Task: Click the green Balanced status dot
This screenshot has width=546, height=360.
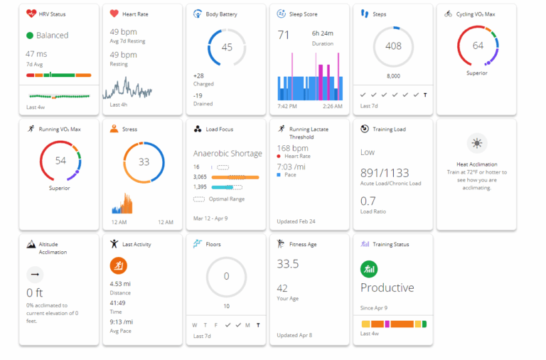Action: pyautogui.click(x=30, y=35)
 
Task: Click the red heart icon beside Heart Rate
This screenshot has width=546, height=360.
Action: pyautogui.click(x=114, y=14)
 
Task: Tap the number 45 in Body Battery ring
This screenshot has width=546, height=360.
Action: pyautogui.click(x=227, y=47)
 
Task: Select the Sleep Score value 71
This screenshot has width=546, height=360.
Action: pyautogui.click(x=284, y=34)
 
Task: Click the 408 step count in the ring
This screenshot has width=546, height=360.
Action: pyautogui.click(x=393, y=46)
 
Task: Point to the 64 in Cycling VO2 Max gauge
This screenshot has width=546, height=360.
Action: pyautogui.click(x=477, y=46)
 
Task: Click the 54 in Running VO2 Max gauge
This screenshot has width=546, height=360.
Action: pyautogui.click(x=60, y=161)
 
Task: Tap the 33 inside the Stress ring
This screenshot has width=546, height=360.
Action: pyautogui.click(x=144, y=162)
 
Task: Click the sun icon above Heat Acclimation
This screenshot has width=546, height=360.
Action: pyautogui.click(x=476, y=143)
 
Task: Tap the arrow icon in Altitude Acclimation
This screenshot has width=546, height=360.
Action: pyautogui.click(x=34, y=275)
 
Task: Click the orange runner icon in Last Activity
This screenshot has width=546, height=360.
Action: pyautogui.click(x=118, y=265)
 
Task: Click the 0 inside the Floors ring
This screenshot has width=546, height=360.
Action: pyautogui.click(x=227, y=277)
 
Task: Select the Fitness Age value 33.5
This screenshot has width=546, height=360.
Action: pyautogui.click(x=288, y=264)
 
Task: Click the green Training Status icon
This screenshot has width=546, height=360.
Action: pyautogui.click(x=369, y=269)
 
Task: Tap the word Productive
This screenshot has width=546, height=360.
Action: pyautogui.click(x=387, y=288)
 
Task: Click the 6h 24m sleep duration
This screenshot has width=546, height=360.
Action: pyautogui.click(x=323, y=33)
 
